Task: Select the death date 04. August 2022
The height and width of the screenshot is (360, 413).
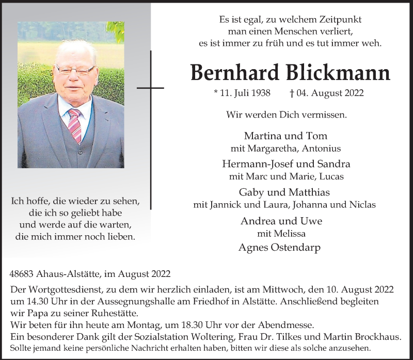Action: (x=337, y=93)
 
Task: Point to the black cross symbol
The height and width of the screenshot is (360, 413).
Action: (x=150, y=88)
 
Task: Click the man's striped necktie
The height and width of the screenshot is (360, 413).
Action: (x=75, y=124)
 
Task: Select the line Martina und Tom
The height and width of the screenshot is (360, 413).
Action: (x=285, y=136)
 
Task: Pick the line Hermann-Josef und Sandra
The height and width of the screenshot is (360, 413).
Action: (x=285, y=164)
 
